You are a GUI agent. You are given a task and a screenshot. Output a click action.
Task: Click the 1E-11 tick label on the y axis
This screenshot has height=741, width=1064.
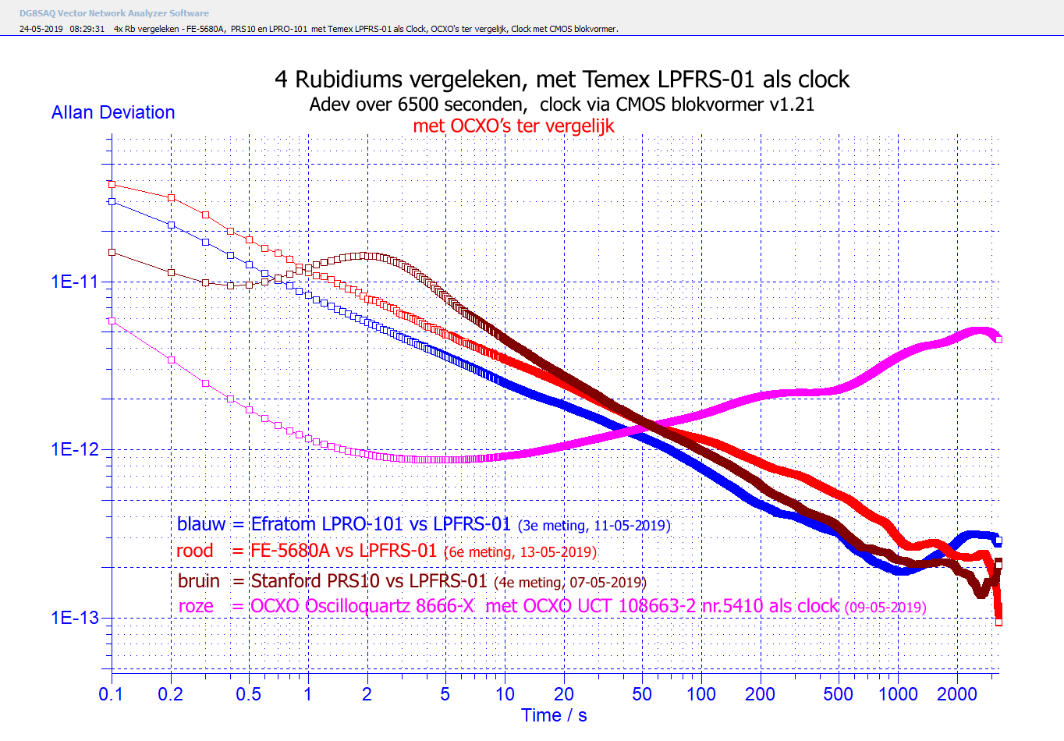pyautogui.click(x=75, y=282)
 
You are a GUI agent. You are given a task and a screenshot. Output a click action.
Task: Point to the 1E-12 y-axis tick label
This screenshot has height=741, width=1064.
pyautogui.click(x=75, y=449)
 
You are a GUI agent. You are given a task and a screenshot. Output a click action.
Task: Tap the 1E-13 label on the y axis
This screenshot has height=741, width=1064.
pyautogui.click(x=75, y=618)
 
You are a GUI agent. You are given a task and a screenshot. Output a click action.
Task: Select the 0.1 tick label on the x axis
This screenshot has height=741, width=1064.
pyautogui.click(x=111, y=694)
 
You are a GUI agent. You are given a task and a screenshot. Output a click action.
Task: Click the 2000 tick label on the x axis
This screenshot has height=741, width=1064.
pyautogui.click(x=956, y=694)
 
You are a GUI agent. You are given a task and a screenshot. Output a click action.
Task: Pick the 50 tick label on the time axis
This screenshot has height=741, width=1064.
pyautogui.click(x=641, y=694)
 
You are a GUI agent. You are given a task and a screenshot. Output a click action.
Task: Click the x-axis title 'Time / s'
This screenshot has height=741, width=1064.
pyautogui.click(x=554, y=715)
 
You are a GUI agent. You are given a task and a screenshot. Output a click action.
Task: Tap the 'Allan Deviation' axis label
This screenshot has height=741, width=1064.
pyautogui.click(x=113, y=112)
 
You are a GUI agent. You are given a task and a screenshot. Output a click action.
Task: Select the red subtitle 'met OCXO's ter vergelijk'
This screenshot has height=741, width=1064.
pyautogui.click(x=513, y=126)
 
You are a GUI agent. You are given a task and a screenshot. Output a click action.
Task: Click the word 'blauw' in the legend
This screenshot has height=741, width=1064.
pyautogui.click(x=200, y=524)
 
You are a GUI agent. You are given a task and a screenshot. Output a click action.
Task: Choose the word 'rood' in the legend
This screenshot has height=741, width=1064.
pyautogui.click(x=194, y=551)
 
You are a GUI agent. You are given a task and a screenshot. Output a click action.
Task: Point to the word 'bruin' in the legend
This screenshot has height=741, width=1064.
pyautogui.click(x=198, y=581)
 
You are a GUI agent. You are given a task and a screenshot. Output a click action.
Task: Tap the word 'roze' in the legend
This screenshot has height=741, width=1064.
pyautogui.click(x=196, y=606)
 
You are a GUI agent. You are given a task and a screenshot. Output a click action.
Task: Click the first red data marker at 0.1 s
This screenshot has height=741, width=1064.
pyautogui.click(x=112, y=185)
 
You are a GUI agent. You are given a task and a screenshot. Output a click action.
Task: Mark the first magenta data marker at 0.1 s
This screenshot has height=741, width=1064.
pyautogui.click(x=112, y=321)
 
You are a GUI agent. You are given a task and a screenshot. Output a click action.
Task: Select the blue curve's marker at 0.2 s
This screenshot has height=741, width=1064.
pyautogui.click(x=171, y=225)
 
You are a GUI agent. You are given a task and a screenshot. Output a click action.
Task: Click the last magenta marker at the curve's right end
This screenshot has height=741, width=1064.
pyautogui.click(x=998, y=339)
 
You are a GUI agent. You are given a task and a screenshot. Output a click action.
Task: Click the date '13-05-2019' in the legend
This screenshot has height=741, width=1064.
pyautogui.click(x=557, y=552)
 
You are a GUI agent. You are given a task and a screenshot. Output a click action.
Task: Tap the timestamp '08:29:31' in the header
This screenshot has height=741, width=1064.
pyautogui.click(x=87, y=29)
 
